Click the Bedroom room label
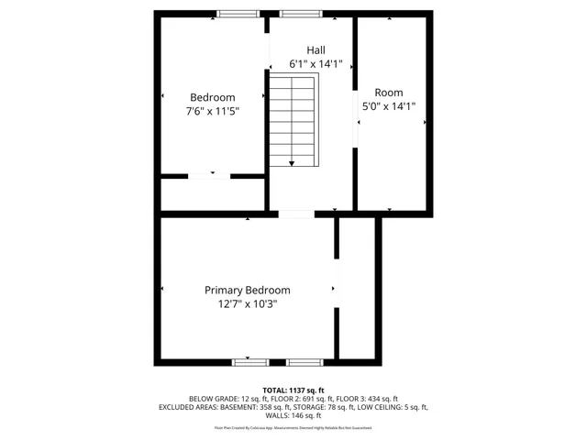tap(213, 98)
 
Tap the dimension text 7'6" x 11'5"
tap(213, 112)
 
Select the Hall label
tap(315, 50)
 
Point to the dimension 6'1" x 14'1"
tap(315, 64)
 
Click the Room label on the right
tap(389, 93)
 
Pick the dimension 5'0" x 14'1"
tap(389, 106)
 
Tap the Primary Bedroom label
tap(247, 290)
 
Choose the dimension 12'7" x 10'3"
tap(247, 303)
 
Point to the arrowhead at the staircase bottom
tap(293, 163)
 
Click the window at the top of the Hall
tap(300, 13)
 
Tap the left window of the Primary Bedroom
tap(250, 362)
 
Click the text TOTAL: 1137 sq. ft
tap(293, 390)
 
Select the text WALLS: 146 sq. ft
tap(293, 414)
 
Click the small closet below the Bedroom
tap(213, 194)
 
